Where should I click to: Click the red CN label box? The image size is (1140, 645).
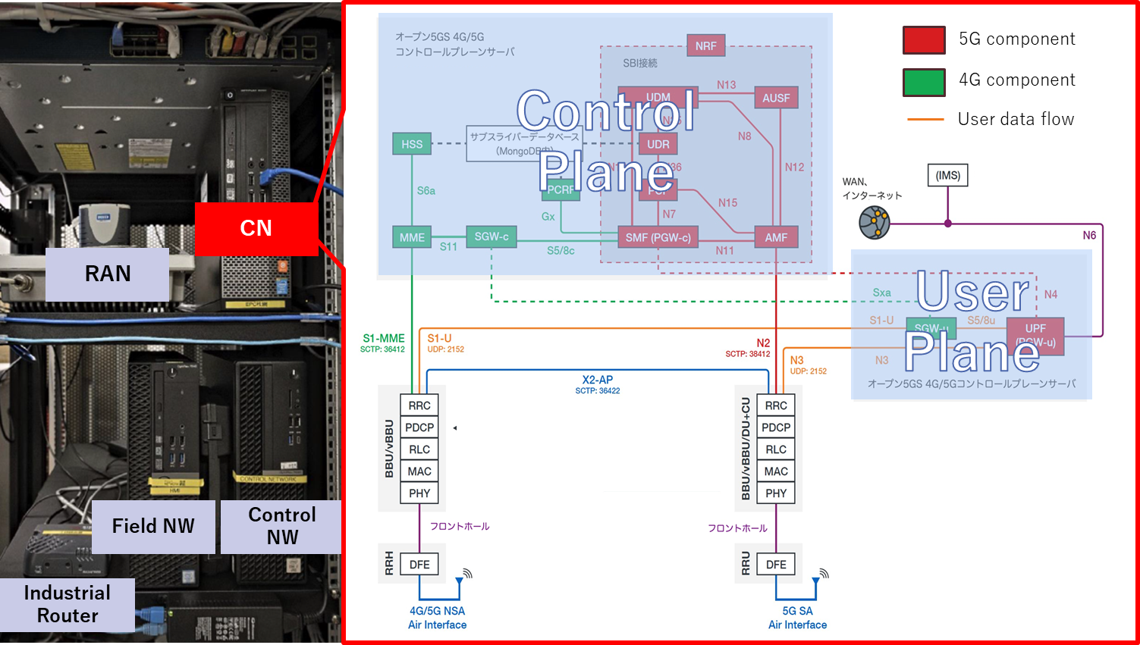pos(256,228)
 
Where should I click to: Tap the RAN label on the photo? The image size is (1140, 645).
pos(107,274)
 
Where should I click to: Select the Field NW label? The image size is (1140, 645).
pos(153,526)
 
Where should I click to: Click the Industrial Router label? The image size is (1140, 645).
pos(68,604)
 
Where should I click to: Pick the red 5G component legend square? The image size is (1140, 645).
pos(924,40)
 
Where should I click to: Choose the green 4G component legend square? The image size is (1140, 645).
pos(924,82)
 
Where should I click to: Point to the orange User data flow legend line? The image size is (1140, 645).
pos(925,120)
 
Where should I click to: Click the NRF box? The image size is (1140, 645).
pos(705,46)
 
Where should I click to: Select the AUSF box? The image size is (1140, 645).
pos(776,98)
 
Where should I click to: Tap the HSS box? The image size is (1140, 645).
pos(412,144)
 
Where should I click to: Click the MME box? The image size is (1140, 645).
pos(412,237)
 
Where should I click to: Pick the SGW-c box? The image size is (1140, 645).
pos(491,236)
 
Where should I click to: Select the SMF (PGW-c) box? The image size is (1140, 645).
pos(658,237)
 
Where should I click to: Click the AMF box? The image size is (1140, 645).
pos(776,237)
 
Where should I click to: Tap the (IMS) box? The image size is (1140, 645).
pos(947,175)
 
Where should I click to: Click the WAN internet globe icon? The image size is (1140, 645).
pos(874,223)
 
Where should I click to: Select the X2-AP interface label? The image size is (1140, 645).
pos(598,380)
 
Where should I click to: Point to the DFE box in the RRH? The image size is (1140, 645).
pos(419,565)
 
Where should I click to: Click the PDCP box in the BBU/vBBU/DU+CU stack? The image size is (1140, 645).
pos(776,427)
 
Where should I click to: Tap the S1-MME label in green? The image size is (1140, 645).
pos(384,338)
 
